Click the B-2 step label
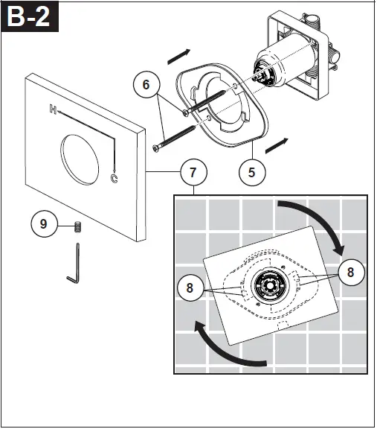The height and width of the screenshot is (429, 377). point(30,17)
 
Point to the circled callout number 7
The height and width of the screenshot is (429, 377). point(193,172)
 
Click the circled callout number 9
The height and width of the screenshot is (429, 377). point(44,223)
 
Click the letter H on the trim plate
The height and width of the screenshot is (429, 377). point(53,109)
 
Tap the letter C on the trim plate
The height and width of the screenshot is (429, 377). point(114,178)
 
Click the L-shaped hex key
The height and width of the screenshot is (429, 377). point(72,268)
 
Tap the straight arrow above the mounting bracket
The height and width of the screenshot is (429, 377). point(179,56)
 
